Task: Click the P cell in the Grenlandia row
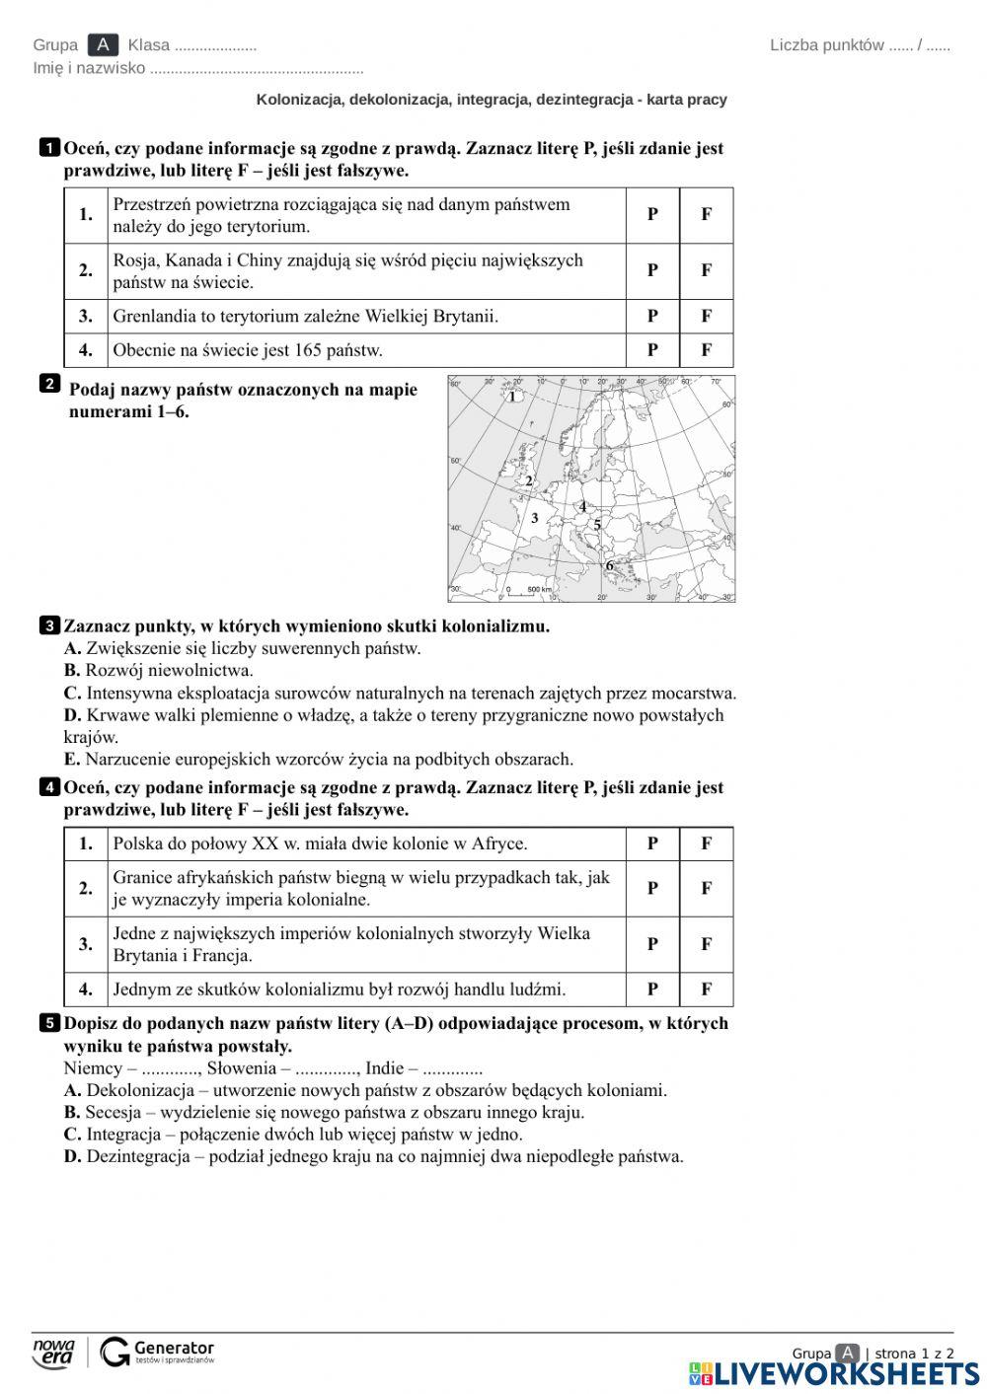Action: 652,317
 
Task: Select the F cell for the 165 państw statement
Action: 706,350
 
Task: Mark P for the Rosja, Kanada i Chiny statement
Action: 652,270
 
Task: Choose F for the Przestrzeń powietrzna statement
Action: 706,214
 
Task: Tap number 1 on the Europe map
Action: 511,397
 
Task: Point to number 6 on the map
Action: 609,565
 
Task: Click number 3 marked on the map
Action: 535,518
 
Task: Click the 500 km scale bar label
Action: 539,590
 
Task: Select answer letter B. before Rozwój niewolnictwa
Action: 72,671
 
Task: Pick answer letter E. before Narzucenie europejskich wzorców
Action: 72,760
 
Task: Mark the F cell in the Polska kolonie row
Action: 706,844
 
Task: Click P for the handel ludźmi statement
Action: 652,990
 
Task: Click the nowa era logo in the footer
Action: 54,1353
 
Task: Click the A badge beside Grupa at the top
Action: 103,45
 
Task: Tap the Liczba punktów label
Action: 827,45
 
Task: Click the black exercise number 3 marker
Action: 48,625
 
